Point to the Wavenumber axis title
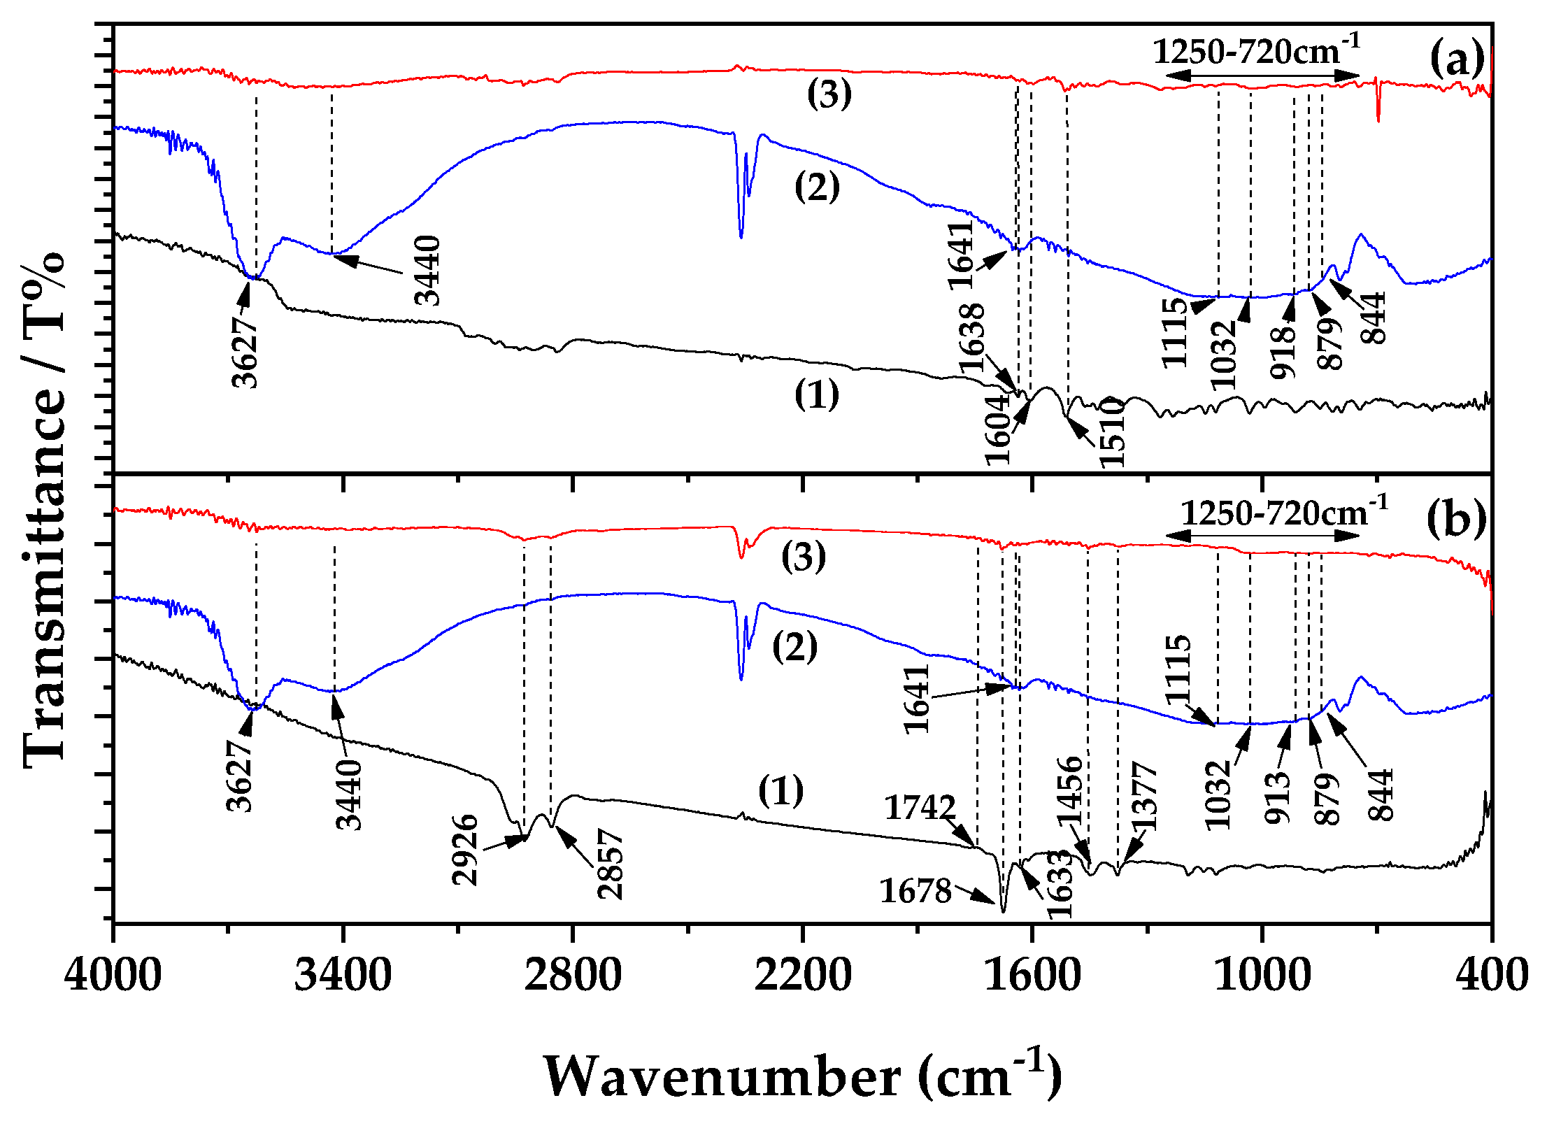pos(802,1076)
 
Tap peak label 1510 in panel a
pos(1111,432)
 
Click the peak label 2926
pos(465,850)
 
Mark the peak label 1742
pos(920,808)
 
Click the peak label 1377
pos(1145,796)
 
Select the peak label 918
pos(1283,353)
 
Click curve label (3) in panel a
pos(829,94)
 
